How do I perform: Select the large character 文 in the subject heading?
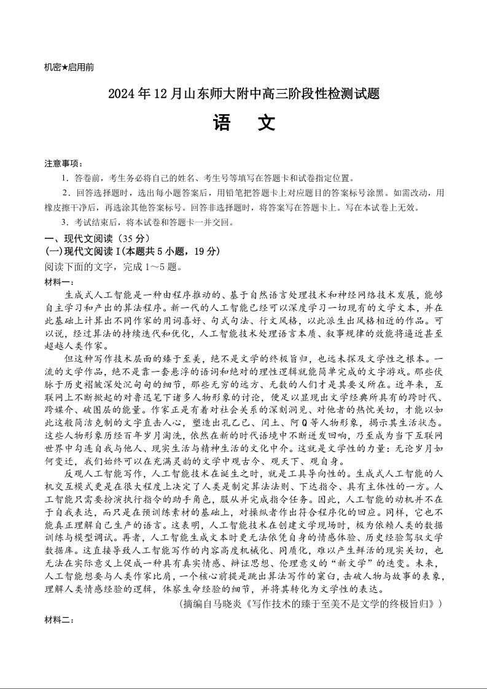tap(266, 123)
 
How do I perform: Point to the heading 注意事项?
tap(62, 163)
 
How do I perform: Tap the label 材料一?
tap(58, 281)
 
